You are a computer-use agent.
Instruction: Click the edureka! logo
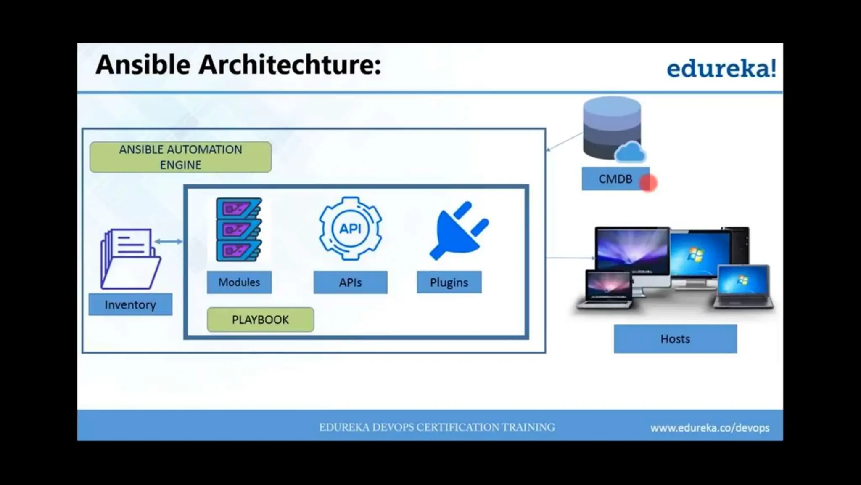pyautogui.click(x=721, y=69)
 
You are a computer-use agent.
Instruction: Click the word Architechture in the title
pyautogui.click(x=290, y=65)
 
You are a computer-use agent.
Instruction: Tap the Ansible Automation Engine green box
pyautogui.click(x=180, y=157)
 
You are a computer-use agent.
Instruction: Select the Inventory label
pyautogui.click(x=130, y=304)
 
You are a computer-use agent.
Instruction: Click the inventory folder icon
pyautogui.click(x=130, y=258)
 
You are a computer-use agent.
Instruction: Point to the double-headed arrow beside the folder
pyautogui.click(x=168, y=241)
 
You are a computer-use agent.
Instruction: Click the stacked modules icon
pyautogui.click(x=239, y=230)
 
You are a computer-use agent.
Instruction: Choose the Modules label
pyautogui.click(x=239, y=282)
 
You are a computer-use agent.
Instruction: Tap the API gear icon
pyautogui.click(x=350, y=229)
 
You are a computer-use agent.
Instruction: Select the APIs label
pyautogui.click(x=350, y=282)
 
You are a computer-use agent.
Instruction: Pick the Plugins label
pyautogui.click(x=449, y=282)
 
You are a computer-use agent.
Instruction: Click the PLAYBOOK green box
pyautogui.click(x=260, y=320)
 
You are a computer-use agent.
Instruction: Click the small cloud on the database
pyautogui.click(x=630, y=153)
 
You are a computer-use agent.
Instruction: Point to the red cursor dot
pyautogui.click(x=648, y=183)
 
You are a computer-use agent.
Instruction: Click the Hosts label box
pyautogui.click(x=675, y=339)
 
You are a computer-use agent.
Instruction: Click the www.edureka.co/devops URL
pyautogui.click(x=710, y=428)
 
